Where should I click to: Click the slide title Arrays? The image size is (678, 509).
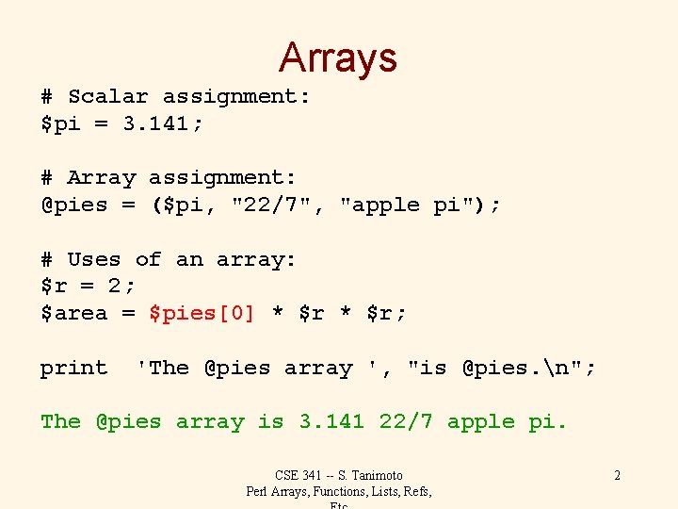click(x=338, y=57)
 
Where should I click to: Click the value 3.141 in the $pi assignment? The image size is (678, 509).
click(x=162, y=123)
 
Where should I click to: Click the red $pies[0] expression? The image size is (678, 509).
click(x=202, y=313)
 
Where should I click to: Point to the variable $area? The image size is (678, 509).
click(x=74, y=313)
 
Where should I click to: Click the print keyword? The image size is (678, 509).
click(x=74, y=368)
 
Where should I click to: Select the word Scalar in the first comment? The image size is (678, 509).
click(x=107, y=96)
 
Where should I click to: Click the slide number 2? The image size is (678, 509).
click(x=617, y=475)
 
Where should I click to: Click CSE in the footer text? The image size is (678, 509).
click(x=287, y=475)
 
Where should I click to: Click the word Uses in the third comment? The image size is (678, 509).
click(x=94, y=259)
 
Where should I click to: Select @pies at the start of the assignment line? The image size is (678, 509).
click(x=74, y=205)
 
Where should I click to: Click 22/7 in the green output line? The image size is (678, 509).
click(x=406, y=421)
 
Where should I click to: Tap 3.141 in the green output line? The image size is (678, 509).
click(x=331, y=421)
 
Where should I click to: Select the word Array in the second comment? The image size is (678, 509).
click(x=101, y=177)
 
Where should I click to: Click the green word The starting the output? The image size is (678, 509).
click(x=60, y=421)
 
